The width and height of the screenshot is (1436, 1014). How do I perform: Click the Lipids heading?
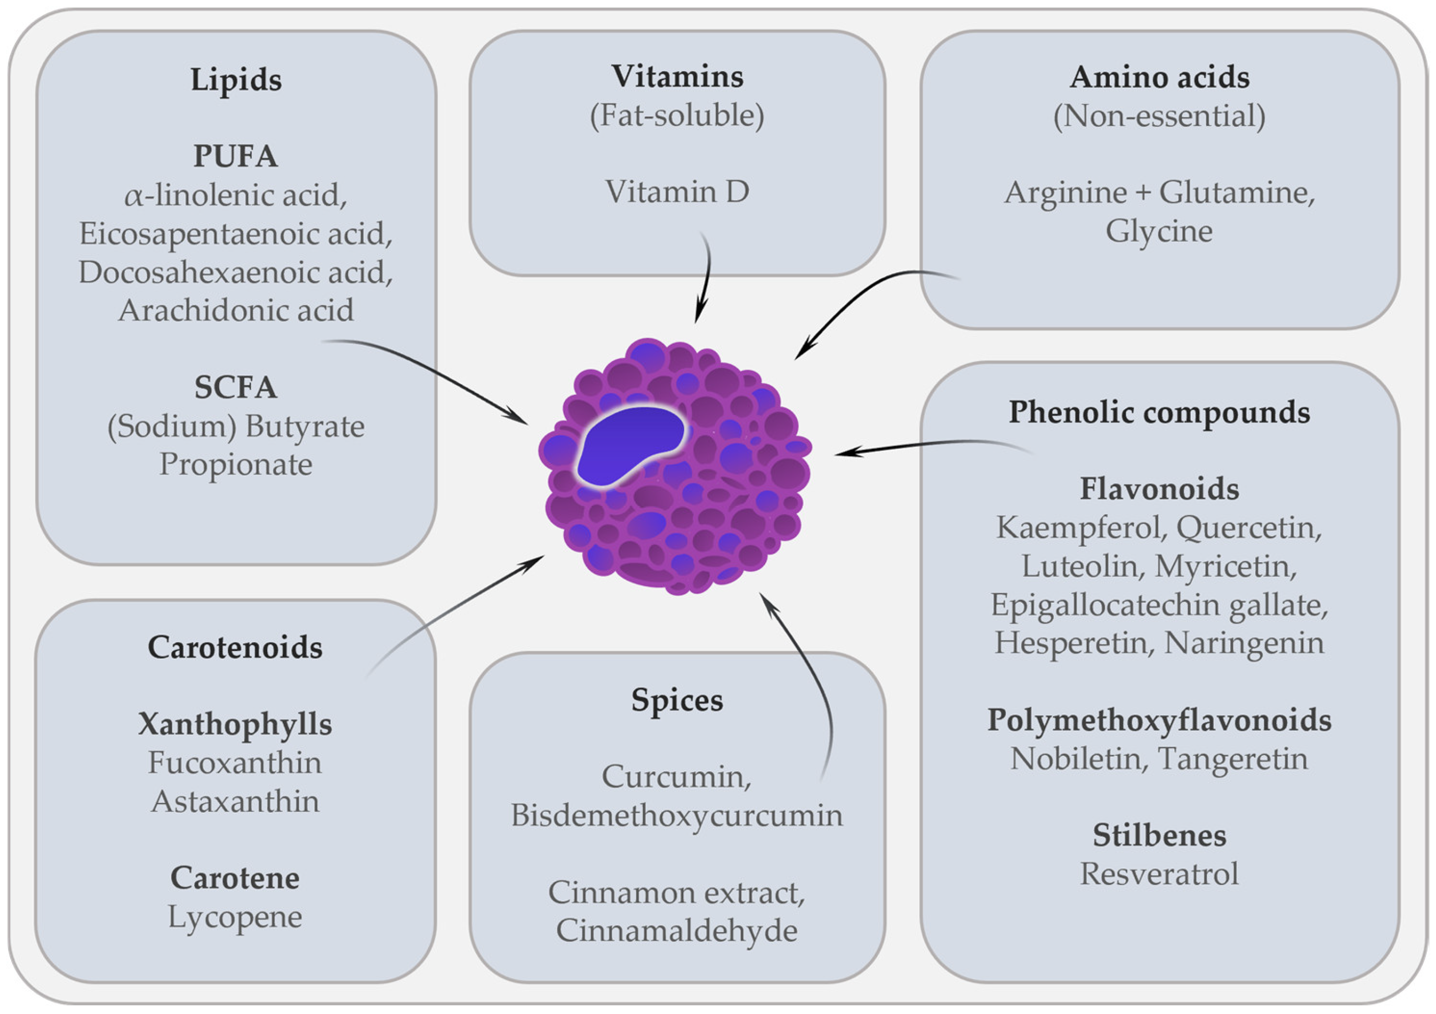236,80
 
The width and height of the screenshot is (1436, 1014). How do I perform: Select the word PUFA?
235,156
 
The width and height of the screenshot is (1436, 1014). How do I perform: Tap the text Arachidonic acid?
236,311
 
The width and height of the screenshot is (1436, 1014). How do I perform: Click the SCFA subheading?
235,388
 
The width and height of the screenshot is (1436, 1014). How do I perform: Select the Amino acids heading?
1159,77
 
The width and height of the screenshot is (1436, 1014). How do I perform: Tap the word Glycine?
1159,231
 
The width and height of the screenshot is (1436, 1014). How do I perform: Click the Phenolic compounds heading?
1159,413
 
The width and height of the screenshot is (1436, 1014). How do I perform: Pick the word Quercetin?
1249,528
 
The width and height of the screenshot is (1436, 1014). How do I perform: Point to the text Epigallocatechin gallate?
1159,605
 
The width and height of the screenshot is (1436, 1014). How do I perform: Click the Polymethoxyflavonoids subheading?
1159,721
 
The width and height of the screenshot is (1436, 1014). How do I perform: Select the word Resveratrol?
1159,874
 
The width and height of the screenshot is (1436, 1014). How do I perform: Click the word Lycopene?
235,917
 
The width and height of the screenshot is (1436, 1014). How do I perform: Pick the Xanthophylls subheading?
235,724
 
